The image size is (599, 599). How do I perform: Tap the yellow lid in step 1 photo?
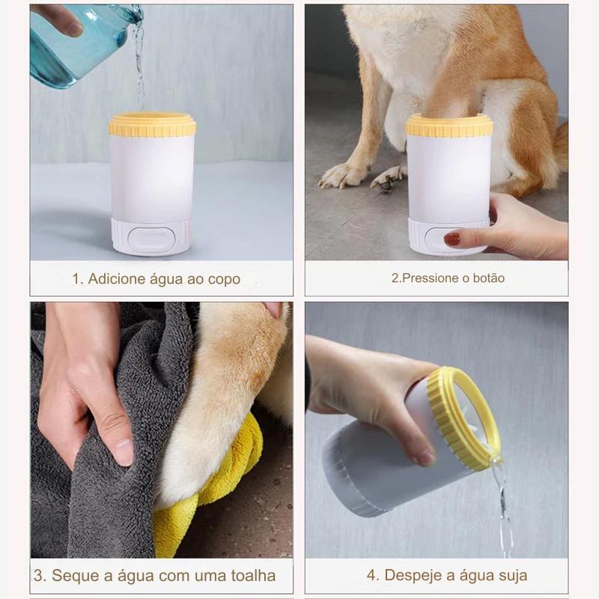(152, 125)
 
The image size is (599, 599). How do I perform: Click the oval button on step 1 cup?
(151, 238)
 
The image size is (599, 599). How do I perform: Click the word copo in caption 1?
(224, 279)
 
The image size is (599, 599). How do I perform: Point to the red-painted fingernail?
(452, 239)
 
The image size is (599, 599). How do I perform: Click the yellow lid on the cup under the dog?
(449, 125)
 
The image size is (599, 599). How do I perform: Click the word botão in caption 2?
(488, 278)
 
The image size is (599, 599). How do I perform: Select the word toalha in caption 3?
(252, 576)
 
